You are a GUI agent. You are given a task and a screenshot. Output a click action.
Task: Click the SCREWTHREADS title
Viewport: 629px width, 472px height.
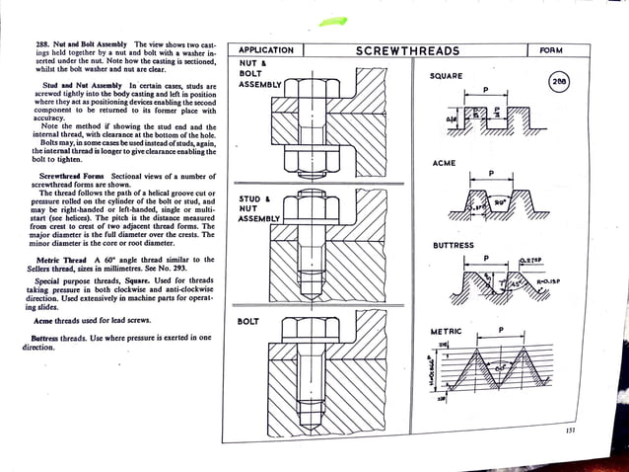coord(406,50)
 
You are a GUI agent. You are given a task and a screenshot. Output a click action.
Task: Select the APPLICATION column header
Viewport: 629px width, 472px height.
coord(266,50)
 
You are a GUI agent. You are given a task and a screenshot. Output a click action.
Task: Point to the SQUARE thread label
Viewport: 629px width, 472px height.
coord(450,76)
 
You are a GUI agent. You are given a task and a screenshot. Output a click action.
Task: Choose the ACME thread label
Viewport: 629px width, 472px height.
coord(447,162)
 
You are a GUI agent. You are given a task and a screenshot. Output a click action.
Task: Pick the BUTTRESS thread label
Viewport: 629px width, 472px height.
coord(454,245)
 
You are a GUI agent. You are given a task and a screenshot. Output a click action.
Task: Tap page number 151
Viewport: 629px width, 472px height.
coord(570,429)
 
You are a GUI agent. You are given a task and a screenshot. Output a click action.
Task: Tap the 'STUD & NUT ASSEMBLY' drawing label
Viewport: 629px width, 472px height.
coord(260,208)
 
